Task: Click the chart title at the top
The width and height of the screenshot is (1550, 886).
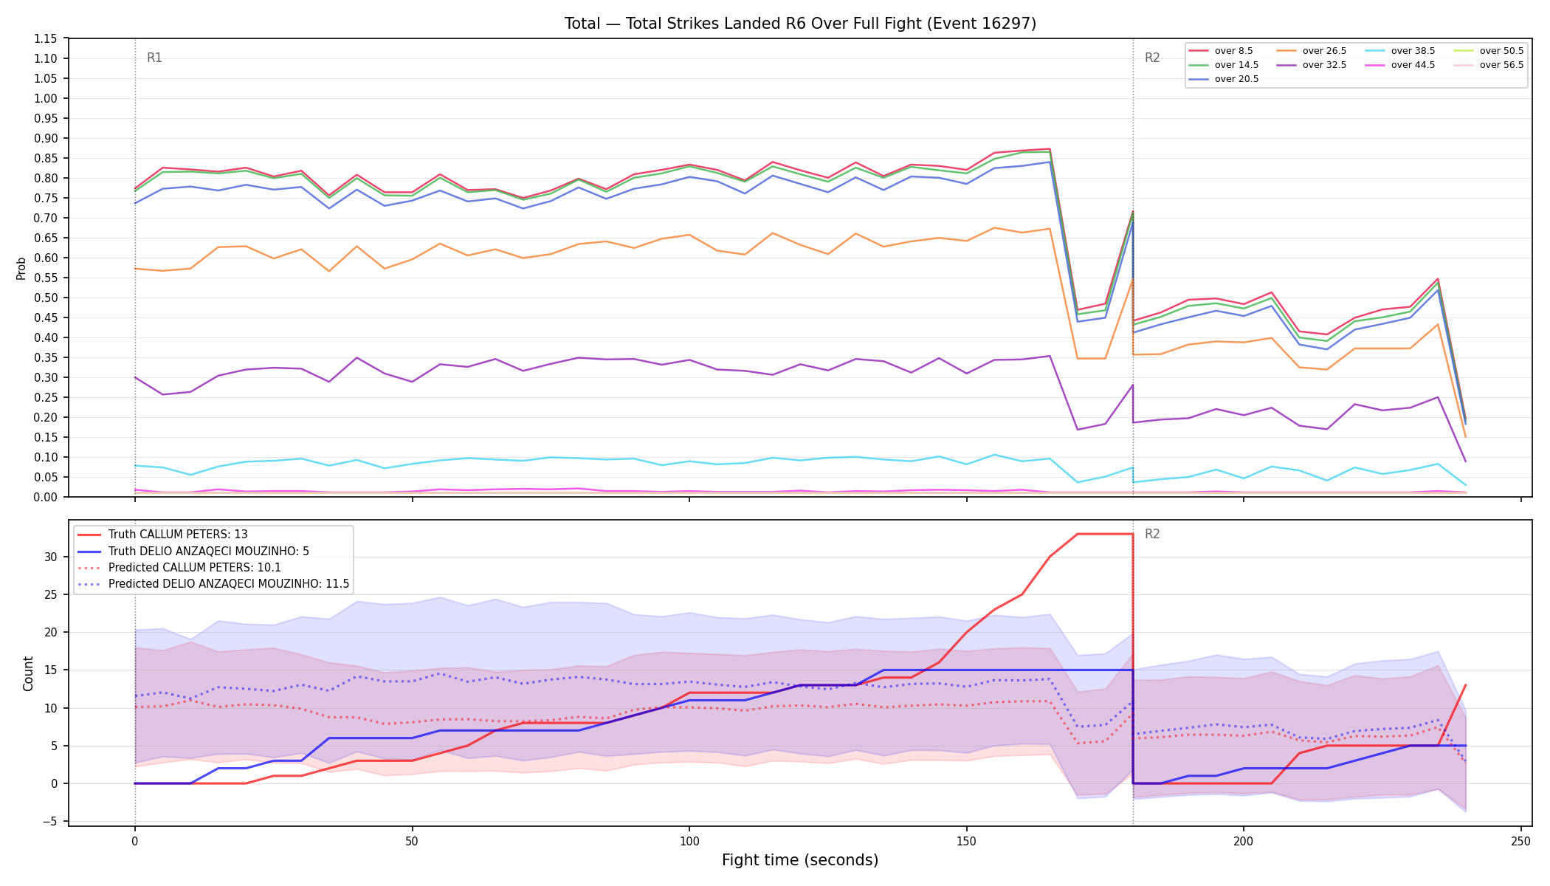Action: (x=800, y=24)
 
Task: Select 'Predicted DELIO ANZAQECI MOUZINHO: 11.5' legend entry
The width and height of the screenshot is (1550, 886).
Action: (x=213, y=583)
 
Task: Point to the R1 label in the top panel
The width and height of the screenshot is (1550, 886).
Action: (x=154, y=58)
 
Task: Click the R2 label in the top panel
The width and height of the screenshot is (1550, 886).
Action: (x=1152, y=58)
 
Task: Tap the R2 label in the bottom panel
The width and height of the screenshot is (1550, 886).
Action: (x=1152, y=534)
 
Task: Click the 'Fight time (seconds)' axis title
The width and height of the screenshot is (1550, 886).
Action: (x=800, y=860)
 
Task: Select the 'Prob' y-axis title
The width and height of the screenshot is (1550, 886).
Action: (x=21, y=268)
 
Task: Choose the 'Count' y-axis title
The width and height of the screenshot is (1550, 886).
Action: (x=29, y=673)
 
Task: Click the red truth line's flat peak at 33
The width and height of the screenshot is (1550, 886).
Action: (x=1105, y=534)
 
